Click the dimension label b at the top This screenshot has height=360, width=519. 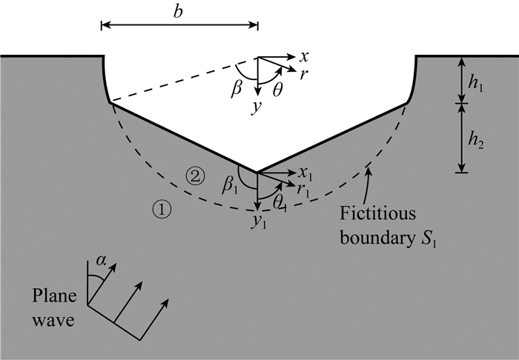pos(179,11)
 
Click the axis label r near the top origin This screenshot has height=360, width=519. pos(304,73)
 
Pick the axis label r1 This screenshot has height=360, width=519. pos(304,190)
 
